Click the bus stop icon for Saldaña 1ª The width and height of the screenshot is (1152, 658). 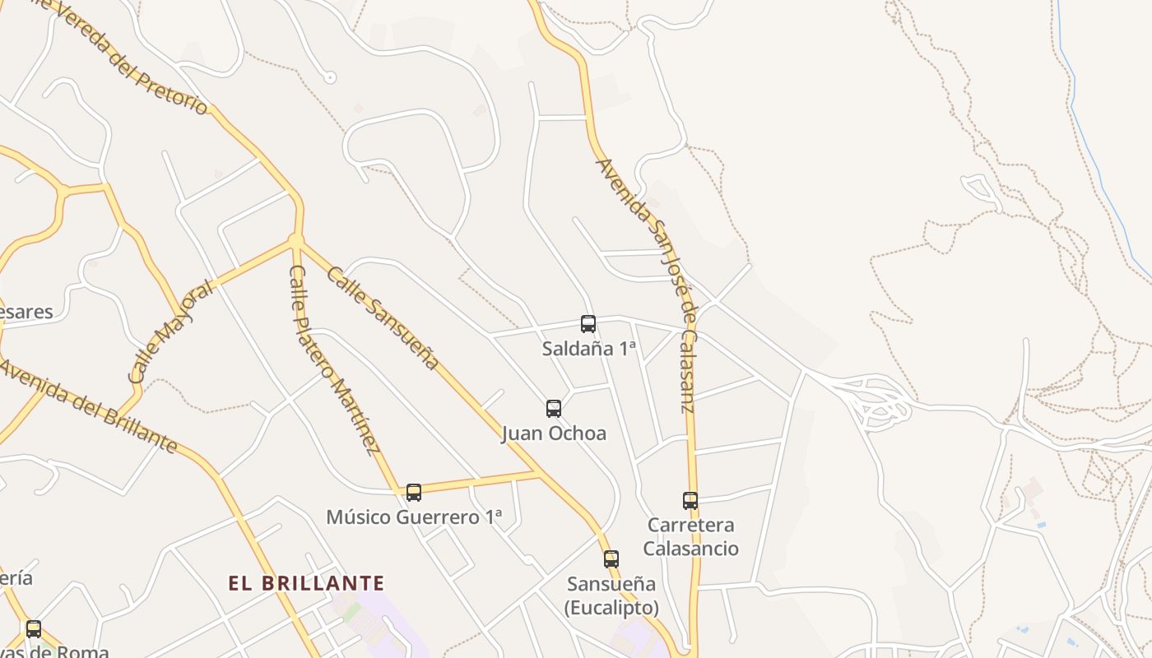pos(588,324)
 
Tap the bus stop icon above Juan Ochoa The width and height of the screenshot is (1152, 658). pos(554,409)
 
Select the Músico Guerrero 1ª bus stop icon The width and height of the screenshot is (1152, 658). pos(414,493)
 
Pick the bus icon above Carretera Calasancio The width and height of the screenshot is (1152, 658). pos(690,501)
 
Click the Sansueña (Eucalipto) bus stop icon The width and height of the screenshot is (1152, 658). pos(611,559)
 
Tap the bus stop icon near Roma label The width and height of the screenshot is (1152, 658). pos(34,629)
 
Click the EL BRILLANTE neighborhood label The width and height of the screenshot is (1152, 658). pos(306,584)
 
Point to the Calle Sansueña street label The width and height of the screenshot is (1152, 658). pos(383,317)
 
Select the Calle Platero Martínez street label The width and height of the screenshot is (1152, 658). pos(334,359)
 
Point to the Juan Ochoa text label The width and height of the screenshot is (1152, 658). pos(554,433)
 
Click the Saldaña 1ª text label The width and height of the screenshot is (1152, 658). pos(589,349)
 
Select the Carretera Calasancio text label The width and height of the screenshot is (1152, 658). pos(691,536)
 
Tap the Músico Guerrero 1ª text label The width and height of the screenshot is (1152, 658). pos(414,517)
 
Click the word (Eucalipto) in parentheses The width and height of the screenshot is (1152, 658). pos(611,608)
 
